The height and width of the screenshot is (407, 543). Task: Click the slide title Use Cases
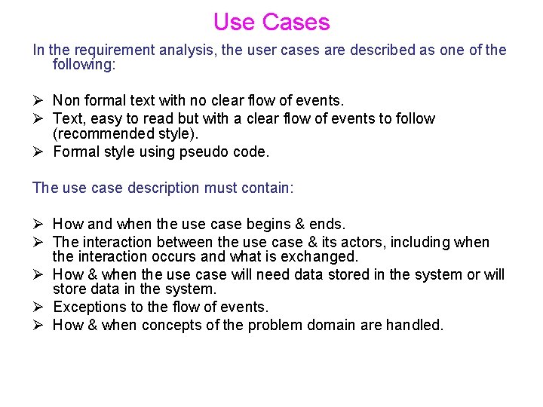271,22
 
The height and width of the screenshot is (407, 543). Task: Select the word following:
84,65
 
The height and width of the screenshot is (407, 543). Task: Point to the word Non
66,100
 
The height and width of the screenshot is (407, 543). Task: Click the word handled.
415,325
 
